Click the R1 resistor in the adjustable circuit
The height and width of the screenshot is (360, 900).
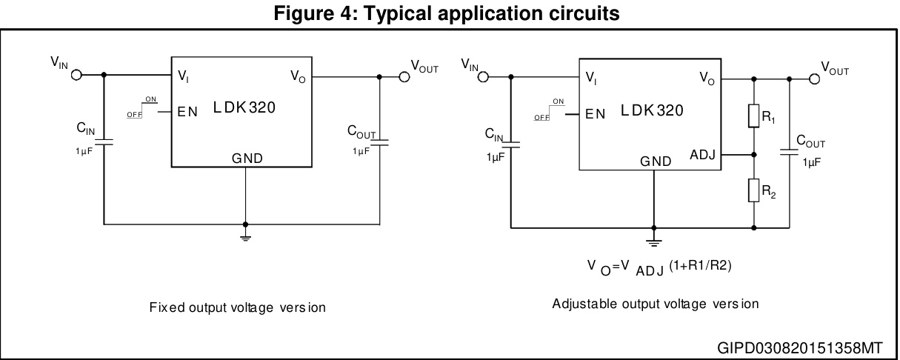[x=754, y=117]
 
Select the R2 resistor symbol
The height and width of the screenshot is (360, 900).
[x=754, y=190]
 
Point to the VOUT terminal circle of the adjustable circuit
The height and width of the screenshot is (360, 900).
[x=815, y=79]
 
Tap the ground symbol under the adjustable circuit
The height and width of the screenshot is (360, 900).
[x=653, y=240]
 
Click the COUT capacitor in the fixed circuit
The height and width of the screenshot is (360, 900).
[x=380, y=141]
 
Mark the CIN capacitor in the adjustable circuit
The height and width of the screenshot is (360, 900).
[x=511, y=145]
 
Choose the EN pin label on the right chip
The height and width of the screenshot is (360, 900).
[x=595, y=114]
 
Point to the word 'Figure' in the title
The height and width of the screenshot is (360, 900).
[x=300, y=13]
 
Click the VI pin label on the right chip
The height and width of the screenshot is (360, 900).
[x=590, y=78]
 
